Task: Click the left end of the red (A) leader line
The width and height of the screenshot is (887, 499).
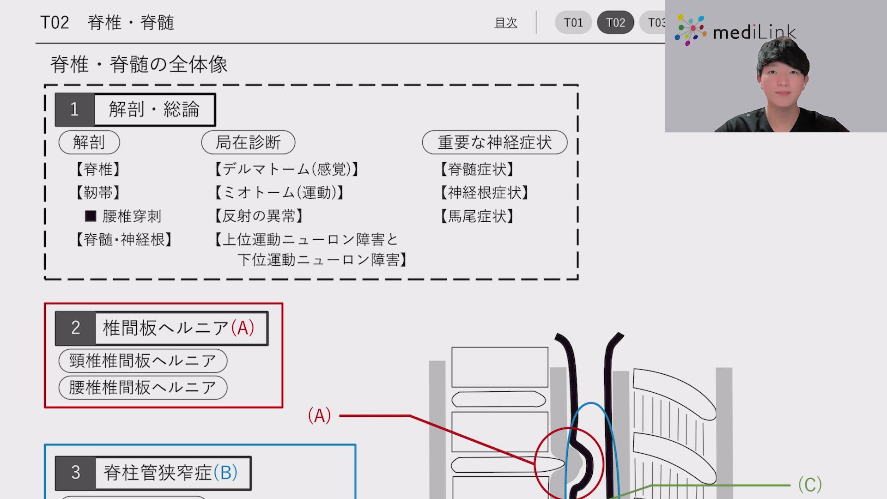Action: (340, 416)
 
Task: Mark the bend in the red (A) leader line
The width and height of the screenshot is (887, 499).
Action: (410, 416)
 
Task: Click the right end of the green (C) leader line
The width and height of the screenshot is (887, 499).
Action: (790, 485)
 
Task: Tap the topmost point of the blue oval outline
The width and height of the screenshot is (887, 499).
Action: (591, 403)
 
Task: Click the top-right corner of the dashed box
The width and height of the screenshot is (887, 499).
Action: (578, 85)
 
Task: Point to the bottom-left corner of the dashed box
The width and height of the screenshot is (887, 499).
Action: (45, 279)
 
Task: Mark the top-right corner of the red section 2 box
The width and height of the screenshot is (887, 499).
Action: (282, 304)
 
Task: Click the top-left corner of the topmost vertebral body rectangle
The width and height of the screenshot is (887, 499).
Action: (452, 347)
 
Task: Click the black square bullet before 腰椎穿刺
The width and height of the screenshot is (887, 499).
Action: (91, 216)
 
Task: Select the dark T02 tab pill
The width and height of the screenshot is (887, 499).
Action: (615, 23)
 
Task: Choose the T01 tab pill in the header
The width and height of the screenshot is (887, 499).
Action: (573, 23)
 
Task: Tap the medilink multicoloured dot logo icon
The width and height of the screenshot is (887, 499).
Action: (690, 30)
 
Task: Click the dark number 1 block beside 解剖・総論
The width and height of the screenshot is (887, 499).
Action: (74, 110)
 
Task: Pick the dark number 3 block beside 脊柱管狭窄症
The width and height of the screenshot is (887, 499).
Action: (75, 473)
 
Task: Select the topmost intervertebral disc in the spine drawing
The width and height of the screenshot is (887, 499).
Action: (498, 399)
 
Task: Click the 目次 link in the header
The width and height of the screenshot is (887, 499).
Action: (506, 23)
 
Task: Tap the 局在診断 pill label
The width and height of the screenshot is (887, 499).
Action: (248, 142)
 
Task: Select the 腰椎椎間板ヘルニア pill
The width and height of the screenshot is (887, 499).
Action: (143, 387)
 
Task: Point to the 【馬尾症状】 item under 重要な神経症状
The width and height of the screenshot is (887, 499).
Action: (477, 216)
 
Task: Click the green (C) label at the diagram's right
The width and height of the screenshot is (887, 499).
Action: (810, 485)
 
